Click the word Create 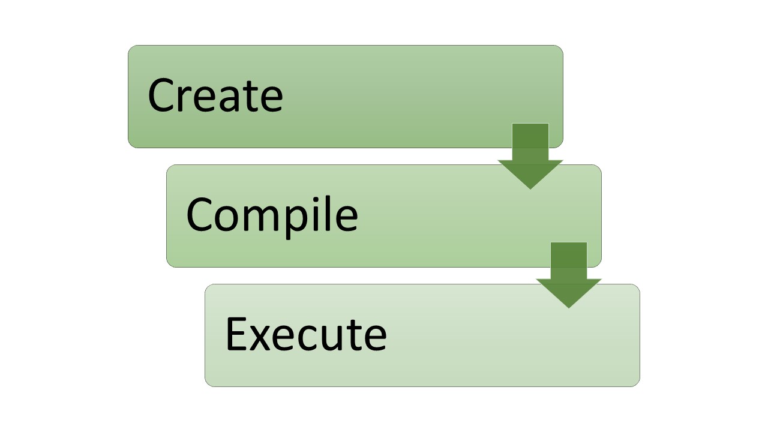[215, 96]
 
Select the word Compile [272, 215]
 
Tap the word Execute [305, 334]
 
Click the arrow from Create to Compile [530, 156]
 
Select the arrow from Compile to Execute [569, 275]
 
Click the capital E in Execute [236, 334]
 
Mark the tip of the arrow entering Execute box [569, 307]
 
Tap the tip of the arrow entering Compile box [530, 188]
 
